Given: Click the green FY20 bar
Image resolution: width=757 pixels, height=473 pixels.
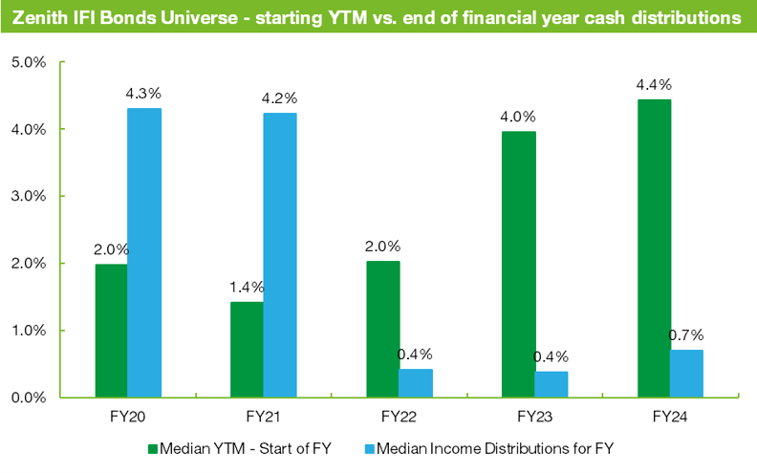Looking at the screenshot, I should point(111,330).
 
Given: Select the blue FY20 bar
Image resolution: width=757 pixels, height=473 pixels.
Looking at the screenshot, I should point(144,252).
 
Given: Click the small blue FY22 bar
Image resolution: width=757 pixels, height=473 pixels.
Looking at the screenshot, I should point(416,382).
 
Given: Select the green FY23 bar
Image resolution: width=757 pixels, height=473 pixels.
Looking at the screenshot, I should point(517,264).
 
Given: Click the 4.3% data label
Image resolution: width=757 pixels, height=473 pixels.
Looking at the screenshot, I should point(143,94).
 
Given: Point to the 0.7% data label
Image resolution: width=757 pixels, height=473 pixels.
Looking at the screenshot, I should point(685,334).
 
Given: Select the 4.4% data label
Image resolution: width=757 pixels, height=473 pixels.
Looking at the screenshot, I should point(654,85).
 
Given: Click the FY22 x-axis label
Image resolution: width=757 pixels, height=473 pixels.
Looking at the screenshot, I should point(398,418).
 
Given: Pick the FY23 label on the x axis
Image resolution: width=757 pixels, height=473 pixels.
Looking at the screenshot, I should point(533,418).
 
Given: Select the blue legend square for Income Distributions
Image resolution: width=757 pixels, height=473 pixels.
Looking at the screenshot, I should point(370,447).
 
